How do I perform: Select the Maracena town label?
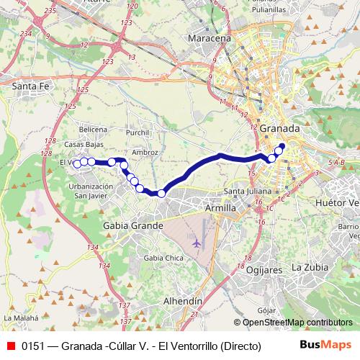point(209,37)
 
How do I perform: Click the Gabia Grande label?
point(133,225)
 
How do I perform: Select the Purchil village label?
point(137,132)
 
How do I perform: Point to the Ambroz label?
point(146,152)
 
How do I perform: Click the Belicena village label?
point(93,129)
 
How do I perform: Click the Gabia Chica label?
point(160,257)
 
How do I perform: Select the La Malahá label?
point(19,317)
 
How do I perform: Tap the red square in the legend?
point(10,346)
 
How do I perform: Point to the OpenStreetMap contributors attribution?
point(297,323)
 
